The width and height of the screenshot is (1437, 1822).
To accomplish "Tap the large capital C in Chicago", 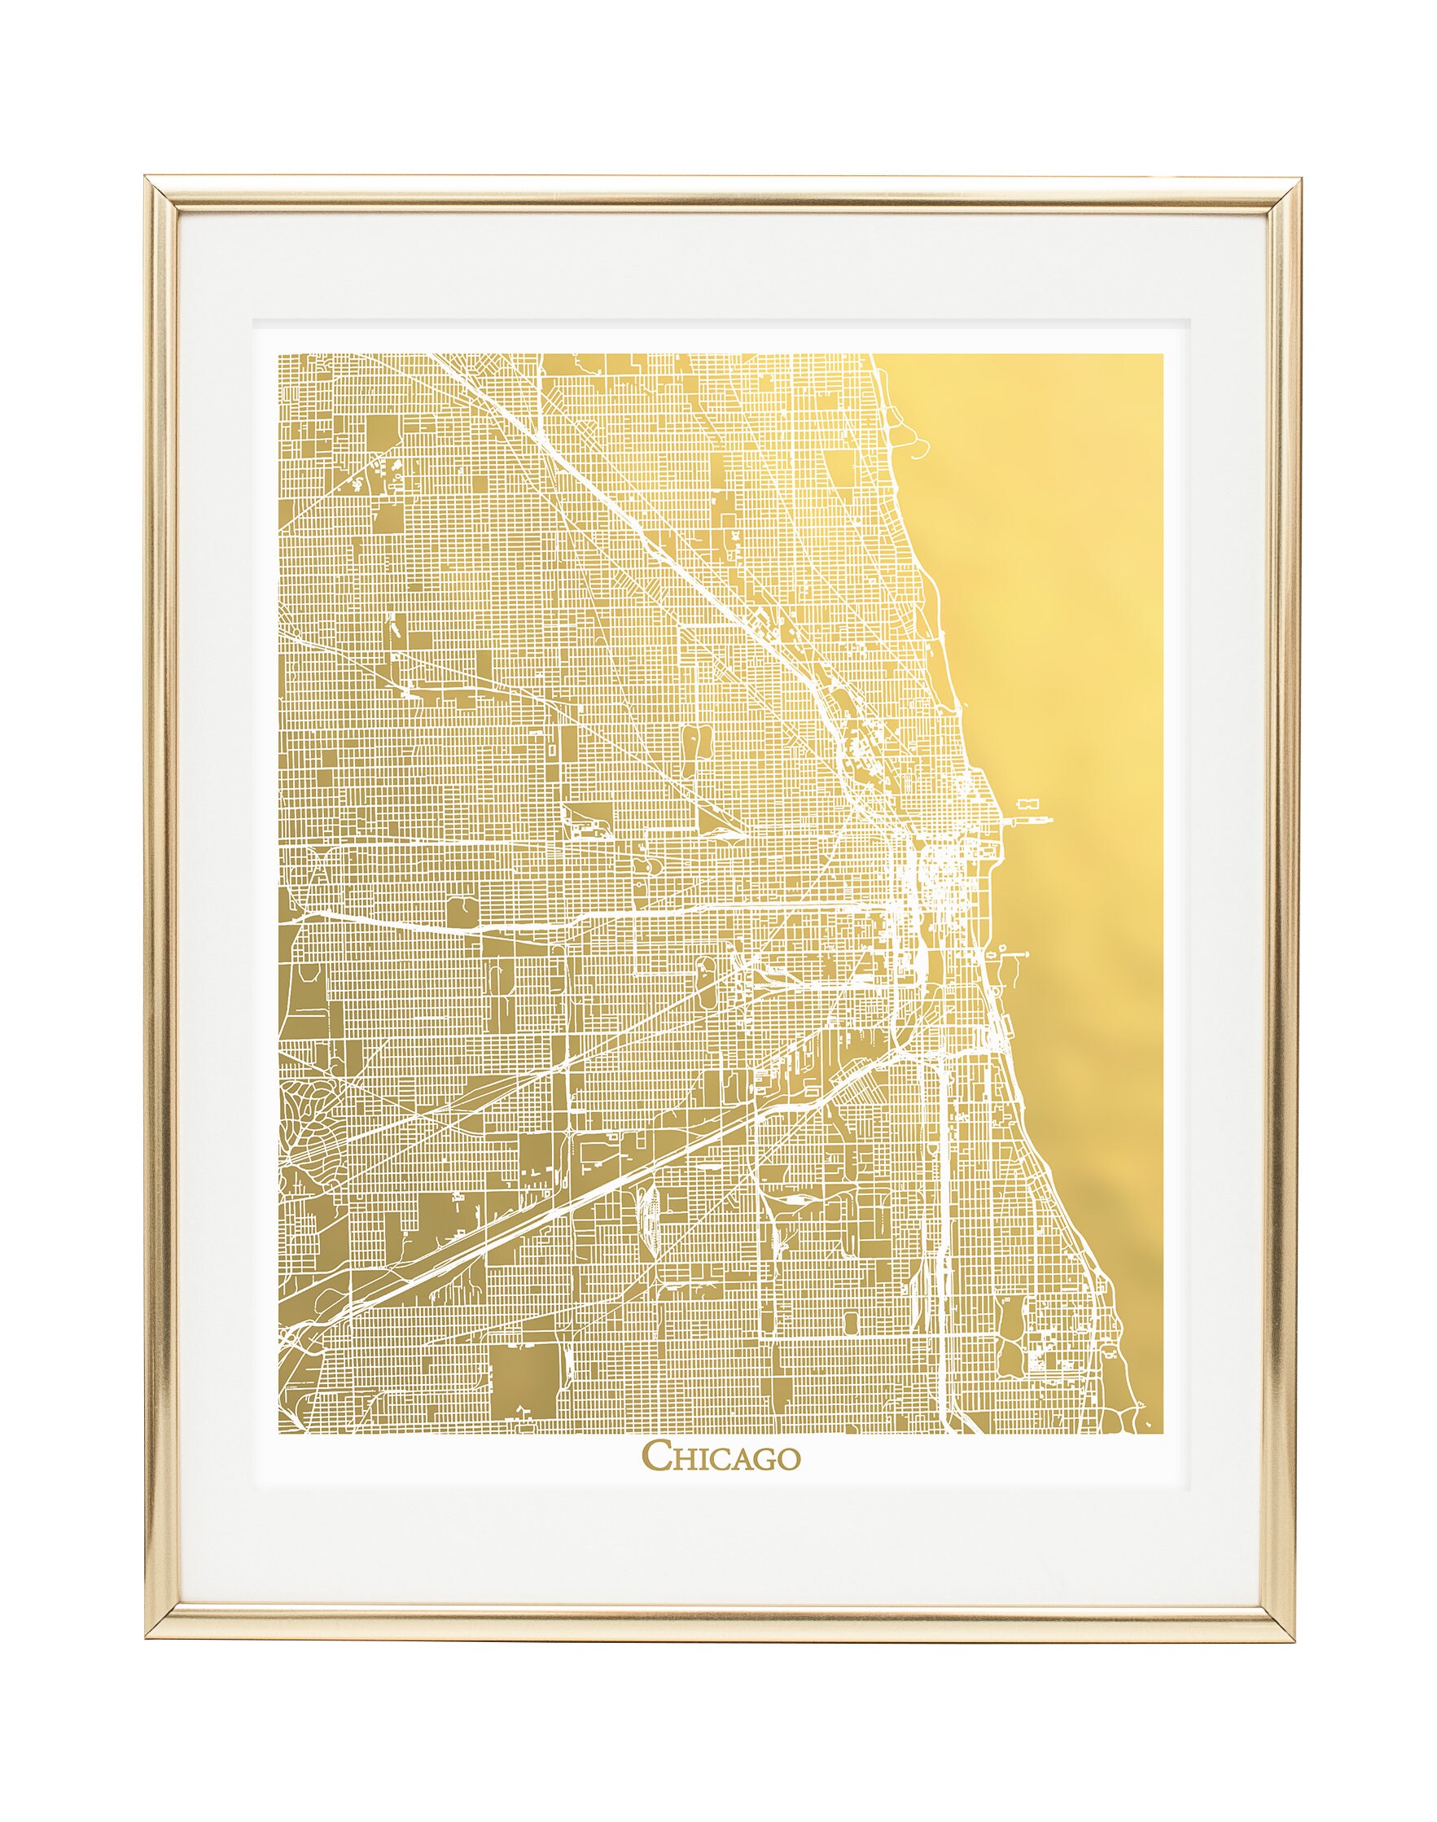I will click(x=657, y=1459).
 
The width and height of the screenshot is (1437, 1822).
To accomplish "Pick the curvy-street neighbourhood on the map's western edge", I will click(x=304, y=1119).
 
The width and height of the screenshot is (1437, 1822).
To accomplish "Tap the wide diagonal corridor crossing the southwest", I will click(x=589, y=1178).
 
